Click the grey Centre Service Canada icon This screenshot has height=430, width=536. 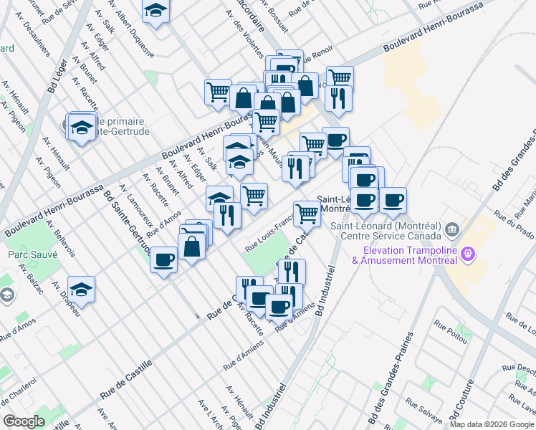tap(451, 231)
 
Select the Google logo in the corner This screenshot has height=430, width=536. tap(24, 421)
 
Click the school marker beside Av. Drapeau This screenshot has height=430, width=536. tap(82, 288)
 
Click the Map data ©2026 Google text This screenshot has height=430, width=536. tap(492, 424)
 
